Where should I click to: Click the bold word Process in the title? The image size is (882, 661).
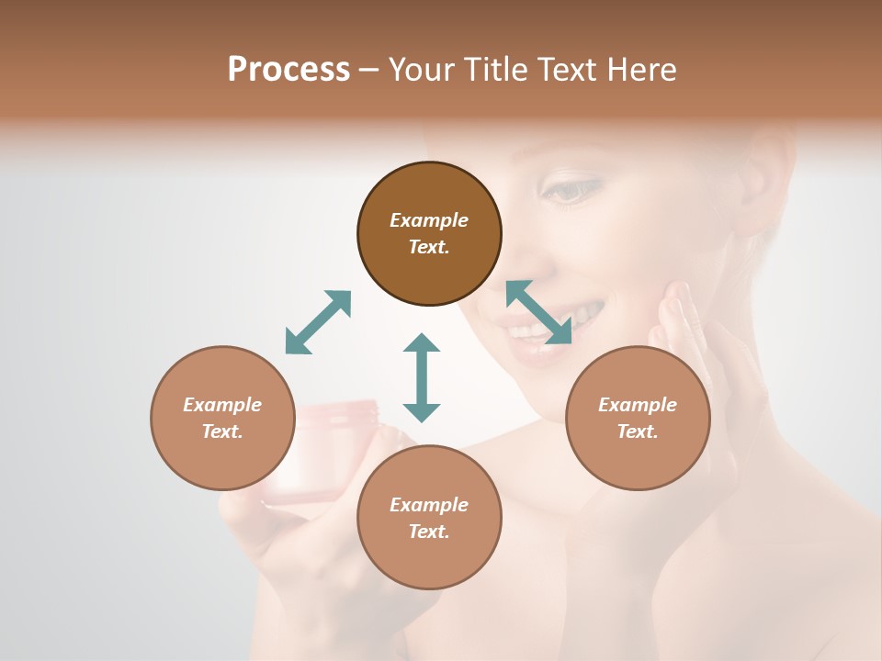[x=288, y=70]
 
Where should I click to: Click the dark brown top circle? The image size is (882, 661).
[x=429, y=233]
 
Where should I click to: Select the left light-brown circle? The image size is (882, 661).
[x=222, y=418]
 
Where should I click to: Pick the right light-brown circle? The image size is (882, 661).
[x=638, y=418]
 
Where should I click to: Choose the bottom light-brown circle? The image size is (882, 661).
[x=429, y=518]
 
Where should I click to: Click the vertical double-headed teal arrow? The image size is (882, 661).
[x=422, y=376]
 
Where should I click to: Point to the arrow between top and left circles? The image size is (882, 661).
[x=318, y=322]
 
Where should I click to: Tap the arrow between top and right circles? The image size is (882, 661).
[x=539, y=312]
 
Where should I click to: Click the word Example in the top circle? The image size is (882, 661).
[x=429, y=220]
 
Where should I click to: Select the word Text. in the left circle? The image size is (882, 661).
[x=222, y=431]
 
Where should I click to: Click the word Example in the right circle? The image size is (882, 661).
[x=638, y=405]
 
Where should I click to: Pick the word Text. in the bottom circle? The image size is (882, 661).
[x=429, y=532]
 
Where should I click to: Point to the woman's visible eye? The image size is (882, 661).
[x=572, y=191]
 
